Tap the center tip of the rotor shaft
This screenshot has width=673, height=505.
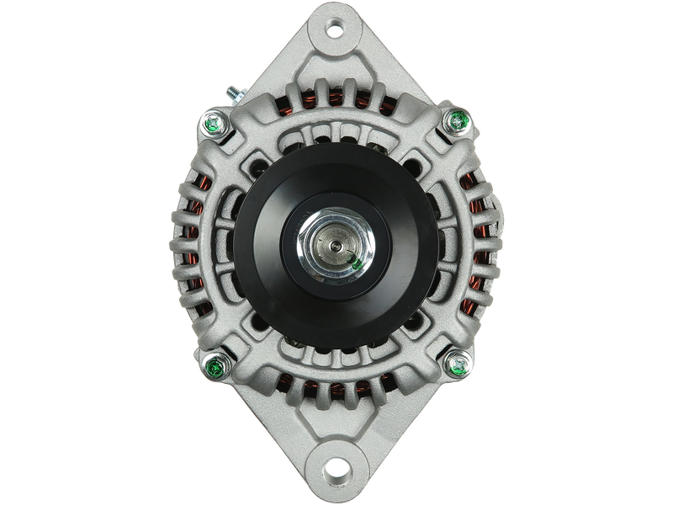[336, 247]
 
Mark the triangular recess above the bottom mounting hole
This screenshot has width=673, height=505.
[336, 432]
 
